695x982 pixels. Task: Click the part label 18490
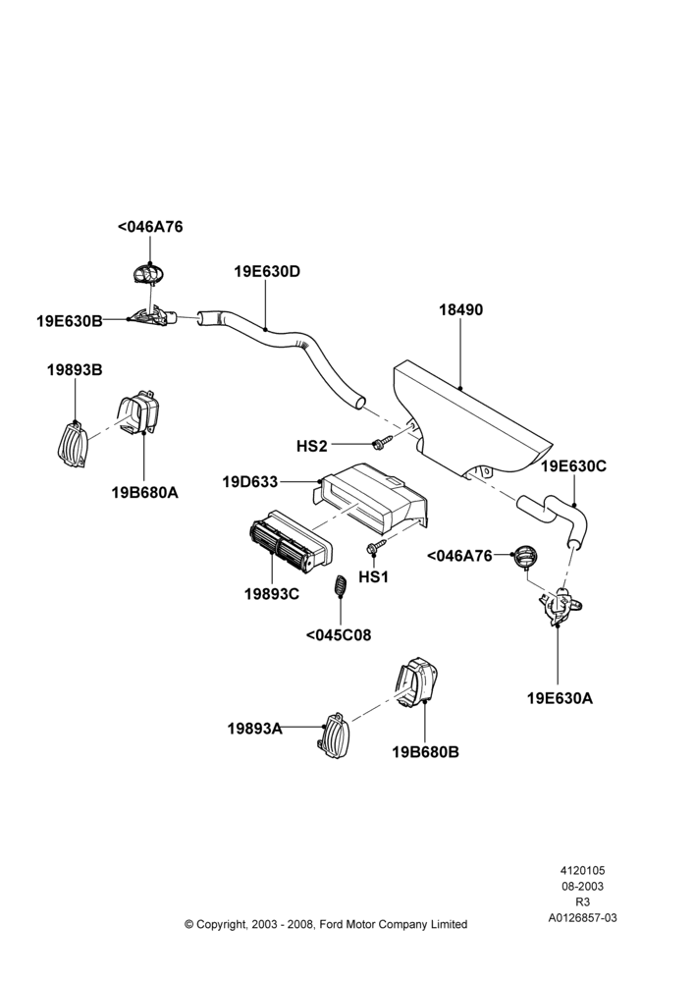pyautogui.click(x=460, y=310)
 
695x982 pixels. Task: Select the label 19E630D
pyautogui.click(x=267, y=272)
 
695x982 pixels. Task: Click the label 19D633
pyautogui.click(x=249, y=482)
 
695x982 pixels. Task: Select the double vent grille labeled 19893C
pyautogui.click(x=291, y=541)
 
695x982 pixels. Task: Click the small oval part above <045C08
pyautogui.click(x=340, y=587)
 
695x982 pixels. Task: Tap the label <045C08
pyautogui.click(x=339, y=635)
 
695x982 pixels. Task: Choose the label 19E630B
pyautogui.click(x=70, y=321)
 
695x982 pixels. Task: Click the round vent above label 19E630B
pyautogui.click(x=148, y=274)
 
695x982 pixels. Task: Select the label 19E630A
pyautogui.click(x=560, y=698)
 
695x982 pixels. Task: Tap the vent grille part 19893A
pyautogui.click(x=335, y=734)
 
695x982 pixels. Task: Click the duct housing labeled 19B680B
pyautogui.click(x=416, y=684)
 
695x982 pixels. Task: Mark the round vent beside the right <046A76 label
pyautogui.click(x=526, y=557)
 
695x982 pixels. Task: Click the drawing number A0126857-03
pyautogui.click(x=583, y=918)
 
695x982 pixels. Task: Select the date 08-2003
pyautogui.click(x=583, y=886)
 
